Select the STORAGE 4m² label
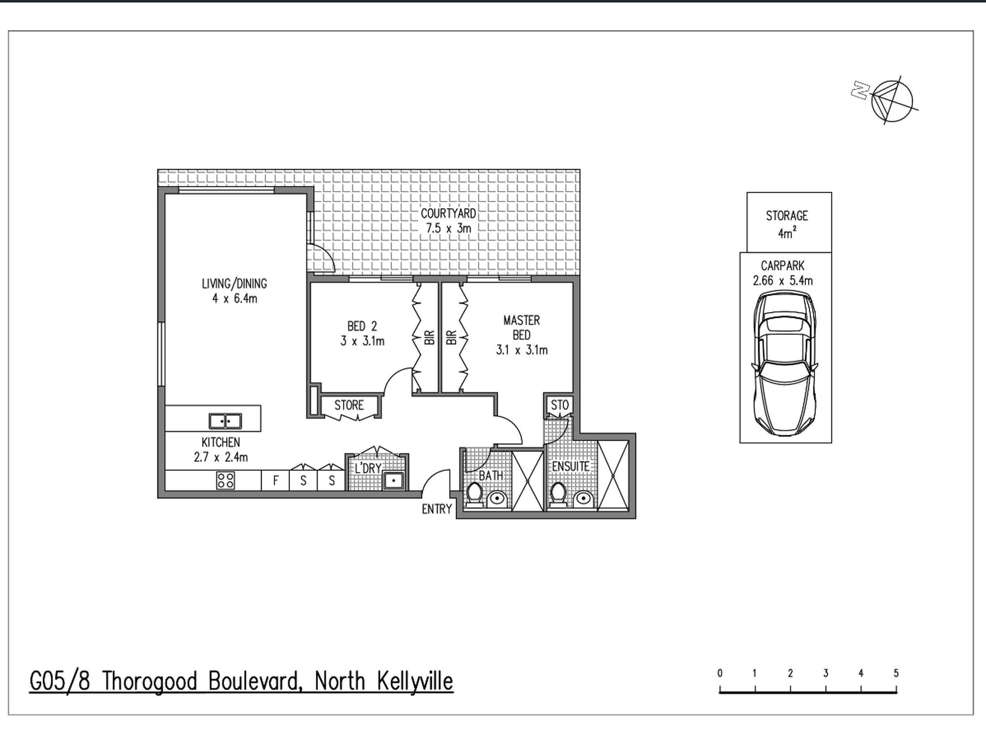(x=787, y=224)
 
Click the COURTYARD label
(x=448, y=213)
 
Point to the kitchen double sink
(x=225, y=421)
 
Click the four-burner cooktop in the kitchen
(x=225, y=480)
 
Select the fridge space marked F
(x=276, y=481)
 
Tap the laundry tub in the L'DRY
(x=394, y=480)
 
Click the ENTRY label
(x=436, y=509)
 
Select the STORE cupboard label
(x=349, y=405)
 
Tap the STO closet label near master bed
(x=559, y=405)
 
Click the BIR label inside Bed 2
(x=429, y=338)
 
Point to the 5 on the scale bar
(x=896, y=673)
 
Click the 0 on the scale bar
(x=720, y=673)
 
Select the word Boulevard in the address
(x=255, y=681)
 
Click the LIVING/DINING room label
(x=235, y=284)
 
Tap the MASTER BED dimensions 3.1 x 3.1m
(x=522, y=350)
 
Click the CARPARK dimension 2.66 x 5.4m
(x=783, y=281)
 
